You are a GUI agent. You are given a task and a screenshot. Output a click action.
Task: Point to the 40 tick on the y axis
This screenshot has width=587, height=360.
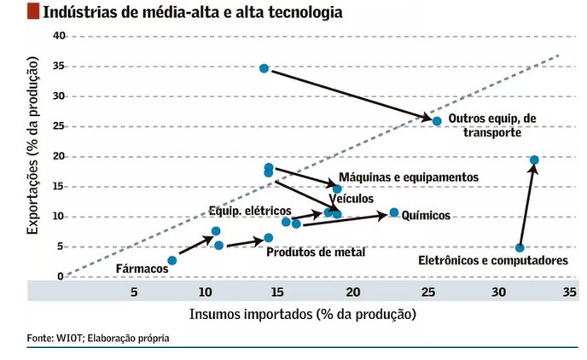click(x=58, y=36)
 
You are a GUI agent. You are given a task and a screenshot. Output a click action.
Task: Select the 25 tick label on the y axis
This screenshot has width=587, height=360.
click(x=58, y=126)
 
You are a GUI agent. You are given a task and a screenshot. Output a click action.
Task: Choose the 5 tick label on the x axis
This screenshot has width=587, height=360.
click(x=134, y=293)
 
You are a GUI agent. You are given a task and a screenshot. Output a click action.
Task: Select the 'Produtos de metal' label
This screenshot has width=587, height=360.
click(x=316, y=253)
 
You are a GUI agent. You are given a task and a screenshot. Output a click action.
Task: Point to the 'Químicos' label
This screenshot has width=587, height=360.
click(x=425, y=216)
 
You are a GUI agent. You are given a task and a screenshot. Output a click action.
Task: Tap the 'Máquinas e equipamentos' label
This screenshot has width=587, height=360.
click(x=409, y=177)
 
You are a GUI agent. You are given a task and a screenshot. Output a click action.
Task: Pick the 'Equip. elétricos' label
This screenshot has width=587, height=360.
click(x=250, y=211)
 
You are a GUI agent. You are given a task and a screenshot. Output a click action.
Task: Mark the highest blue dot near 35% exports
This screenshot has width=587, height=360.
click(x=264, y=68)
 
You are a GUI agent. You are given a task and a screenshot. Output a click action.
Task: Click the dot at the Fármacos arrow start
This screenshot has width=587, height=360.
click(x=172, y=260)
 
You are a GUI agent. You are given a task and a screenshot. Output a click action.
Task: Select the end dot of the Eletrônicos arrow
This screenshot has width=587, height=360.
click(x=534, y=160)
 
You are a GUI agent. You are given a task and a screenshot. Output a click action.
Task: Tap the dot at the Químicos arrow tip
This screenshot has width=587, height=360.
click(x=394, y=212)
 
